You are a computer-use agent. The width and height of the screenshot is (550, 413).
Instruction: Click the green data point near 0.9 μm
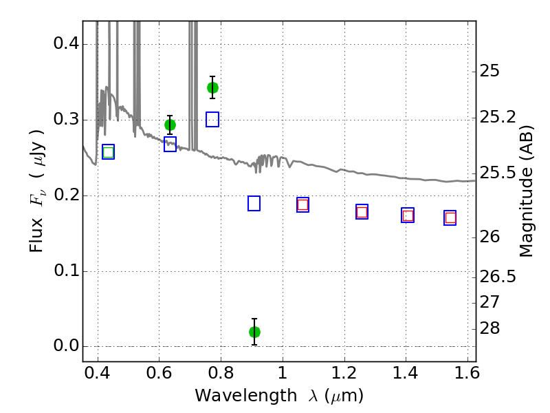(254, 332)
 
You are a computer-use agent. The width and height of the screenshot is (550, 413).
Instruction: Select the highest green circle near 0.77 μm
(212, 87)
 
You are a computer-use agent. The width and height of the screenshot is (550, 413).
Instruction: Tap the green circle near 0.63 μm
(170, 125)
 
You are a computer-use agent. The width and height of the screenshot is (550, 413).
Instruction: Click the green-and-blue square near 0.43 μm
(109, 151)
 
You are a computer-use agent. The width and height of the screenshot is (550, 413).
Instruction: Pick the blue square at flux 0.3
(212, 119)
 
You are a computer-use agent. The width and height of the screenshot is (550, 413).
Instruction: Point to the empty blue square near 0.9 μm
(254, 203)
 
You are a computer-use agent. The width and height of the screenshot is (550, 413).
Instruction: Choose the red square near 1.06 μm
(302, 204)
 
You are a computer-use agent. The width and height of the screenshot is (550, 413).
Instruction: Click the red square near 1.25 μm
(362, 212)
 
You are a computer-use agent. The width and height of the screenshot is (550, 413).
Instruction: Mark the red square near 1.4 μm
(408, 215)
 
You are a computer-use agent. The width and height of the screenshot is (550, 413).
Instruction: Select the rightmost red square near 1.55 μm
(450, 218)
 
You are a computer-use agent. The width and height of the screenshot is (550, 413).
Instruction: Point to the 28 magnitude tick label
(489, 328)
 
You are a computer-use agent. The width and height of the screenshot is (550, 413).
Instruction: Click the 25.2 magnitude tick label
(498, 117)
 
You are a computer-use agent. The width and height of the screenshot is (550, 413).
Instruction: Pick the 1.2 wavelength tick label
(344, 373)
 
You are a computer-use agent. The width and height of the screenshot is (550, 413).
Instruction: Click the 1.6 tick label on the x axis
(467, 373)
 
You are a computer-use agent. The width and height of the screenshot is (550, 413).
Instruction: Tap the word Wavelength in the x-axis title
(246, 396)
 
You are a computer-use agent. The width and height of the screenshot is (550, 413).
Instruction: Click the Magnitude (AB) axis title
(526, 191)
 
